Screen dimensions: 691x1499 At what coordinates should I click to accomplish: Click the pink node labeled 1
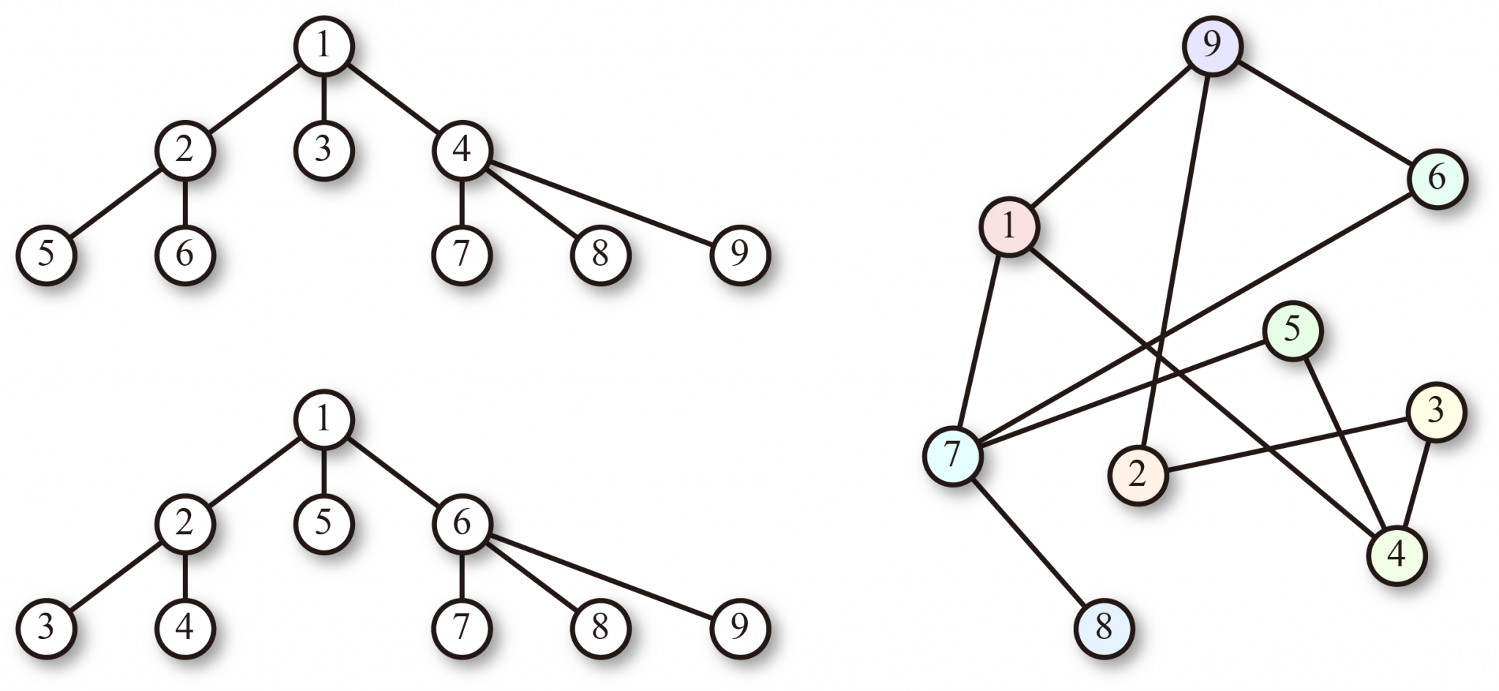(x=1009, y=226)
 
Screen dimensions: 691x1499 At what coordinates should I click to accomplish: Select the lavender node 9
(x=1212, y=45)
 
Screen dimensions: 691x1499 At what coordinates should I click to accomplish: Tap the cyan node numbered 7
(x=952, y=455)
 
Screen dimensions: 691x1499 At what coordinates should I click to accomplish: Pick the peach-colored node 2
(x=1137, y=475)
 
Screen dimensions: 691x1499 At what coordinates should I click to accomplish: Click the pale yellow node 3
(x=1435, y=411)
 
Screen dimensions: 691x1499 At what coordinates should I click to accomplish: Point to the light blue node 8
(x=1104, y=628)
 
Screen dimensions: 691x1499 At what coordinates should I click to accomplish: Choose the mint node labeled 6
(x=1438, y=178)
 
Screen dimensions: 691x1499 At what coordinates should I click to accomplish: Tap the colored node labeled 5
(x=1293, y=331)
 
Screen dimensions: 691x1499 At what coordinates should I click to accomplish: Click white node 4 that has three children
(x=462, y=150)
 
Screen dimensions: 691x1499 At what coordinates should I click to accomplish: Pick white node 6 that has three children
(x=462, y=523)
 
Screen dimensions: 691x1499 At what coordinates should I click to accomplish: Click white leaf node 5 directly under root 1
(x=324, y=523)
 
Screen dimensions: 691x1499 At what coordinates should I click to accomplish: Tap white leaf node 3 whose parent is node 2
(x=46, y=628)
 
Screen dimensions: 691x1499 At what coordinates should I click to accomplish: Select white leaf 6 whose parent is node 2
(x=184, y=255)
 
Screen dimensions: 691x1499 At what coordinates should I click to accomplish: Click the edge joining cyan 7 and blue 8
(x=1028, y=542)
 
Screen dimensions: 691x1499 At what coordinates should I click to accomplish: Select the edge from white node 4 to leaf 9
(x=600, y=202)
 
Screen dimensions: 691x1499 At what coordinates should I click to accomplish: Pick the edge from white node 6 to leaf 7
(x=462, y=576)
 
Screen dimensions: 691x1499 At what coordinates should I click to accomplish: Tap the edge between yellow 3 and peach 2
(x=1286, y=444)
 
